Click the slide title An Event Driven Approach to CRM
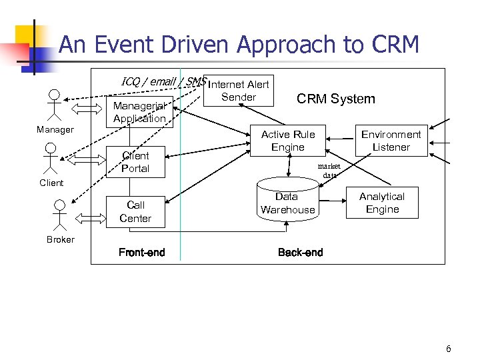tap(239, 45)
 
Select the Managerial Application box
tap(139, 112)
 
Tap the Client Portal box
tap(135, 162)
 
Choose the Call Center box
tap(135, 211)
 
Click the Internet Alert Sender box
tap(239, 91)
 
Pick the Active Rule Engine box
tap(288, 141)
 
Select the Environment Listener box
tap(391, 141)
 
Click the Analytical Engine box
tap(381, 203)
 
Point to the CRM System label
tap(335, 99)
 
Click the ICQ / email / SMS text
tap(163, 81)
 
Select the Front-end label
tap(141, 252)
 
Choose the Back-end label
tap(300, 252)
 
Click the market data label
tap(329, 171)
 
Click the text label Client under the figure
tap(51, 183)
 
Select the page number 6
tap(449, 349)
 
